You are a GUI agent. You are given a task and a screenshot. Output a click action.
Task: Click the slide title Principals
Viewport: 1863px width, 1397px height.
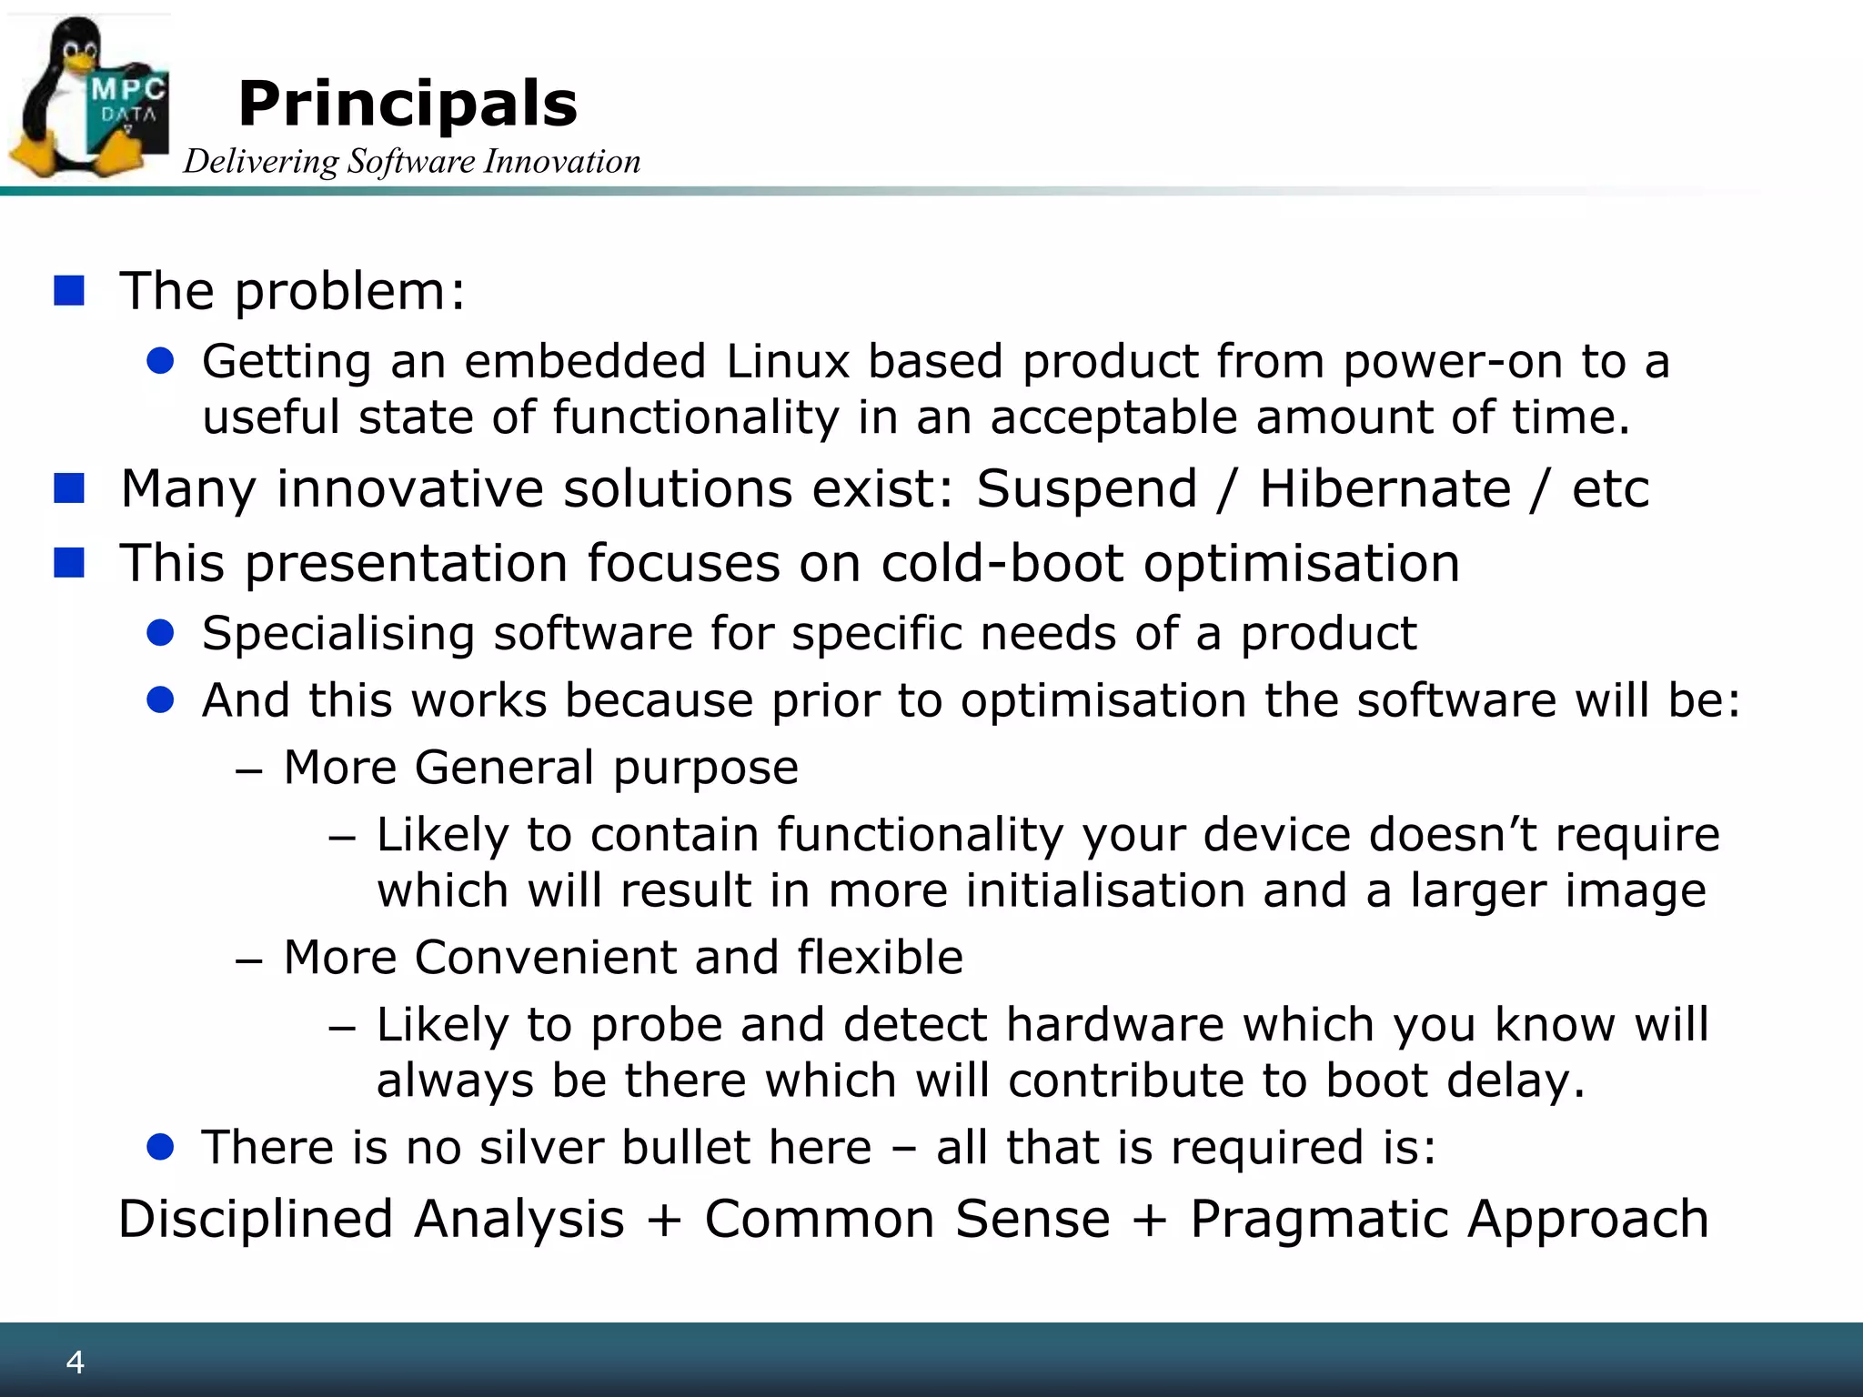click(x=408, y=105)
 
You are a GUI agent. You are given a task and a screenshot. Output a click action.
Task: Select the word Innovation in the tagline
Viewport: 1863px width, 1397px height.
click(x=562, y=162)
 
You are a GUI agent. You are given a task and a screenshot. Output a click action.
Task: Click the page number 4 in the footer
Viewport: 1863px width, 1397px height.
click(x=76, y=1362)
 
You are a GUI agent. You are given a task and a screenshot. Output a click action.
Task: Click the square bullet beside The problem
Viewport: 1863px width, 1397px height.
click(x=69, y=291)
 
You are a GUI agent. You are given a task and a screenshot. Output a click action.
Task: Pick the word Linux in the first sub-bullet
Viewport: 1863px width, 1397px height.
click(x=788, y=361)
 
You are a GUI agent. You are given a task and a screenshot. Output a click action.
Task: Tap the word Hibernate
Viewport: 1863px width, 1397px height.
click(x=1385, y=488)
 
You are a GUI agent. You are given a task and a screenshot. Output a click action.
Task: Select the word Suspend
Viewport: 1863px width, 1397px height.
click(x=1087, y=488)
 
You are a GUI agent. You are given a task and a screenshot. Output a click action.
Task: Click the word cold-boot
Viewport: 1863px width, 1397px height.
click(x=1002, y=562)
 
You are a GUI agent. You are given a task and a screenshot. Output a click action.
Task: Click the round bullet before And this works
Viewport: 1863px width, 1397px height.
click(x=160, y=700)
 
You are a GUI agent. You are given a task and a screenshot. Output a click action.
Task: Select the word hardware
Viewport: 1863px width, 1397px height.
click(x=1115, y=1025)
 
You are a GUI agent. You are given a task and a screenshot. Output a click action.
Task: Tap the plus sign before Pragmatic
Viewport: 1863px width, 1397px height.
click(x=1150, y=1220)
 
